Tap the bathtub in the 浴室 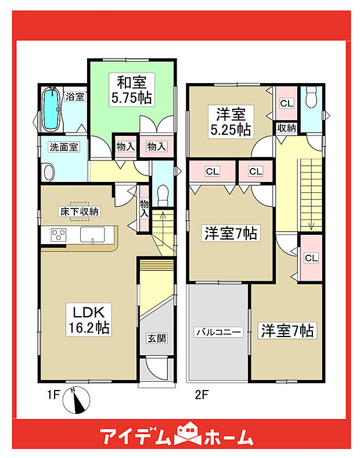(52, 110)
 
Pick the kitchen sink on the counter (92, 235)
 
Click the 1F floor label (53, 397)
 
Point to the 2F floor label (201, 397)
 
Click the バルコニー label (218, 332)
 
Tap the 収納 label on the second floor (287, 128)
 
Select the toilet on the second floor (311, 97)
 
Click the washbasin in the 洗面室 (49, 173)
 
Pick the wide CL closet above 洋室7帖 (212, 171)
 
